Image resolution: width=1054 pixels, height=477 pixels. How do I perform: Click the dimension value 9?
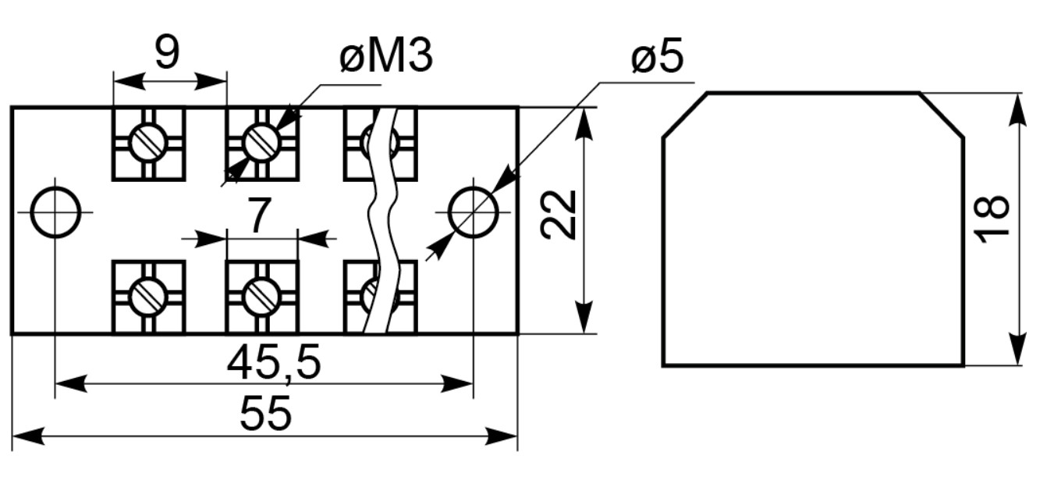click(x=167, y=52)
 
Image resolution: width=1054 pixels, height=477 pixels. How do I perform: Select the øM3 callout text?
click(x=386, y=56)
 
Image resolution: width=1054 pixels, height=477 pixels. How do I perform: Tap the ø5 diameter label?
click(x=658, y=56)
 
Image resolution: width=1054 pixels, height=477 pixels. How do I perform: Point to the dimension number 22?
click(x=559, y=214)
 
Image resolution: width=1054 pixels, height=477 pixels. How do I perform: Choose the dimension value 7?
click(x=259, y=215)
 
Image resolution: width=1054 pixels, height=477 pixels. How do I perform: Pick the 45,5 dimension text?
click(x=274, y=362)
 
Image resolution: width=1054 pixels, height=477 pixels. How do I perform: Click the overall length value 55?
click(x=266, y=414)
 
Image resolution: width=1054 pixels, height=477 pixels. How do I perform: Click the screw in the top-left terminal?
click(x=149, y=142)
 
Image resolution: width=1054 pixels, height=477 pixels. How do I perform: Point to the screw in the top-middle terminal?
click(x=263, y=142)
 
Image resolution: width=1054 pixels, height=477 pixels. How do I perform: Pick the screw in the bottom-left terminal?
click(x=149, y=297)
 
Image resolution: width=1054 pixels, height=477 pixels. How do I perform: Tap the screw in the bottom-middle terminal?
click(x=262, y=297)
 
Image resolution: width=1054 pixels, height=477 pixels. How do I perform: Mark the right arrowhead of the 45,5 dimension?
click(x=456, y=384)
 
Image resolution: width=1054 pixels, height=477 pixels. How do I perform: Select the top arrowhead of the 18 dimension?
click(x=1018, y=110)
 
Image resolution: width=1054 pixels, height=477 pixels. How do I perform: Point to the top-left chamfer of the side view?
click(x=685, y=116)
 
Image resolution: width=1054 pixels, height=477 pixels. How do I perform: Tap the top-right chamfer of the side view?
click(x=942, y=116)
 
